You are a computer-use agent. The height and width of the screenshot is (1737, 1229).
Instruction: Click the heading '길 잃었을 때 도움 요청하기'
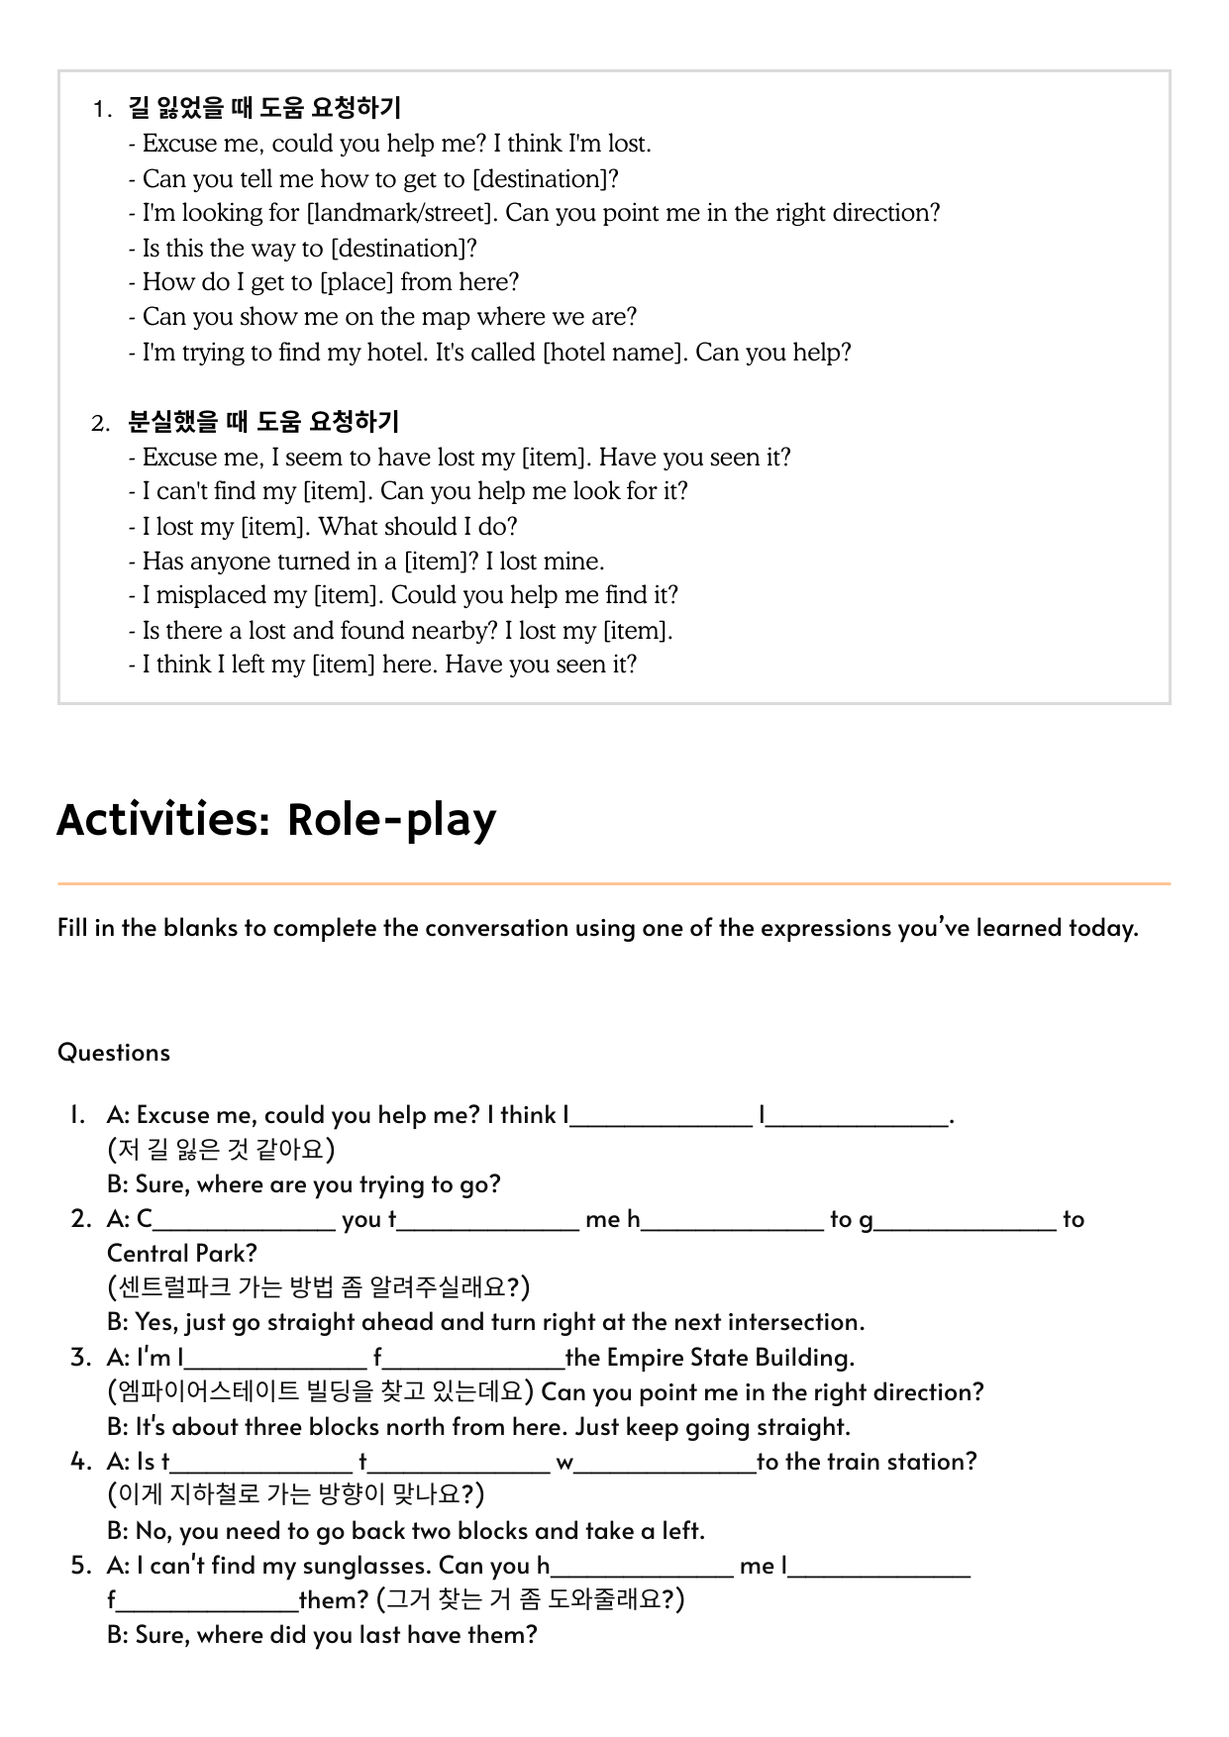[264, 108]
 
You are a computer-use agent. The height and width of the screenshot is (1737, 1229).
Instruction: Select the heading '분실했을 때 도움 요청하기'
[263, 422]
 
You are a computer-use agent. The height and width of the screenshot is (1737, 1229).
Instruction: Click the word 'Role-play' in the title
[391, 820]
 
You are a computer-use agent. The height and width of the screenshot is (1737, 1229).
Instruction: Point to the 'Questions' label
[114, 1052]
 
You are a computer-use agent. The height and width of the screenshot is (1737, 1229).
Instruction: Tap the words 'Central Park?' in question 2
[182, 1254]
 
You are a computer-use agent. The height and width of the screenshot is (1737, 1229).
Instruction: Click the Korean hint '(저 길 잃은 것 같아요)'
[221, 1150]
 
